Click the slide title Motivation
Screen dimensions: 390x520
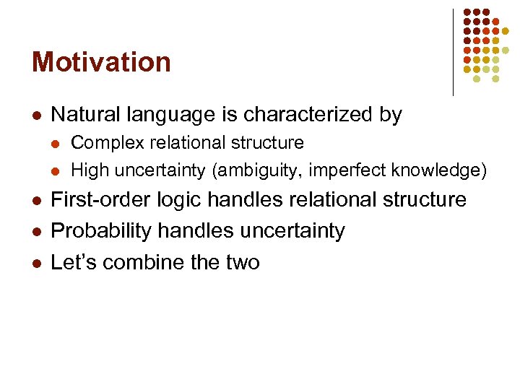click(x=101, y=62)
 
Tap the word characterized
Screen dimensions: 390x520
click(x=313, y=115)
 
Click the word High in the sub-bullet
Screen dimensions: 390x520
click(x=87, y=170)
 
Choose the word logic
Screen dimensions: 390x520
click(x=171, y=200)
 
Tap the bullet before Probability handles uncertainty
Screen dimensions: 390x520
click(x=36, y=232)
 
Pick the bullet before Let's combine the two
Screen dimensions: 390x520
click(x=36, y=263)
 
